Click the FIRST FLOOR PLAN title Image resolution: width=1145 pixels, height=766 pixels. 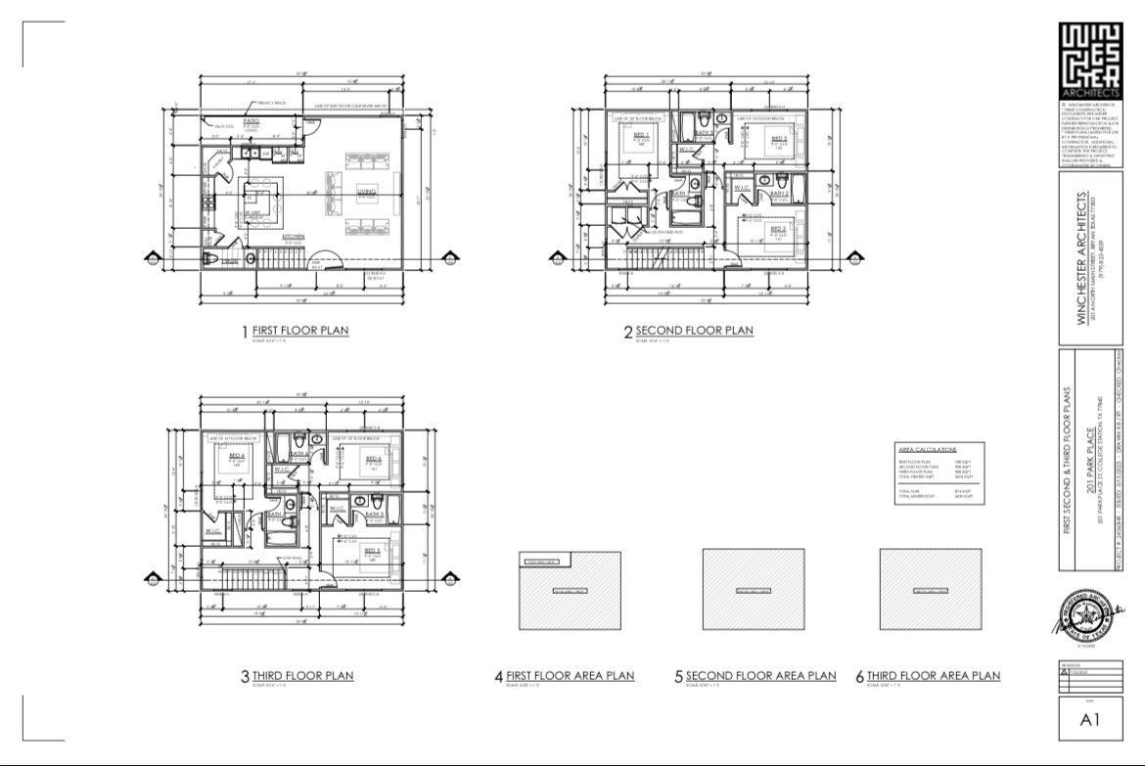coord(299,331)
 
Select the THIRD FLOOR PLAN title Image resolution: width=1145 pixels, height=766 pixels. coord(302,675)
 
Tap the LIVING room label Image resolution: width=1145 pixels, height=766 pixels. coord(367,191)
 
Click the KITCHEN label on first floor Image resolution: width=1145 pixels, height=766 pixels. coord(294,236)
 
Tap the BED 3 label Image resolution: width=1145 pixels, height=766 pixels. coord(779,138)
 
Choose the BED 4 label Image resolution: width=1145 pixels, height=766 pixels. coord(237,456)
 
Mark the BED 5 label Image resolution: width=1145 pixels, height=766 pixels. coord(373,550)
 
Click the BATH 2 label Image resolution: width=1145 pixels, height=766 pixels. coord(779,194)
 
